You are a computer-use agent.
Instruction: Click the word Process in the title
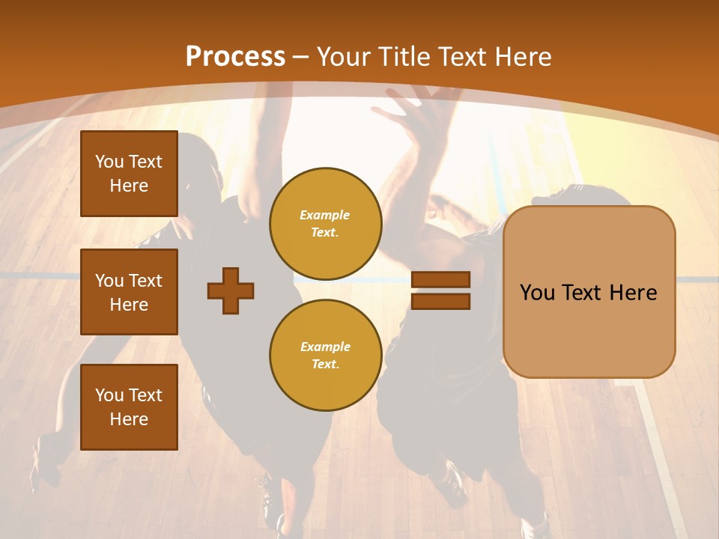point(235,57)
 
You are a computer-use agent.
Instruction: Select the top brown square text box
point(129,174)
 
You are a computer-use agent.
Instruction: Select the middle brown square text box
point(129,292)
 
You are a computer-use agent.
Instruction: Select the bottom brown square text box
point(129,407)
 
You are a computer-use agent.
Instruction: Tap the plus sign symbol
point(231,290)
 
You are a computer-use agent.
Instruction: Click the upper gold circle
point(325,224)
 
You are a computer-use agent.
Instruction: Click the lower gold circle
point(325,355)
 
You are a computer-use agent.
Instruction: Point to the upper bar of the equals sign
point(440,280)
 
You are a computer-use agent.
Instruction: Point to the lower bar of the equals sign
point(440,302)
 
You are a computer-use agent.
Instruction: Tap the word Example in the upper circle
point(324,215)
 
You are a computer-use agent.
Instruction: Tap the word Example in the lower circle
point(325,347)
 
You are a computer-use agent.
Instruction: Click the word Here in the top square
point(129,186)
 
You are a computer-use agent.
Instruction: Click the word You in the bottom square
point(109,395)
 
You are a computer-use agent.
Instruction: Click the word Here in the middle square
point(129,305)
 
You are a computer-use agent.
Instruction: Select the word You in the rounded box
point(537,293)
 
